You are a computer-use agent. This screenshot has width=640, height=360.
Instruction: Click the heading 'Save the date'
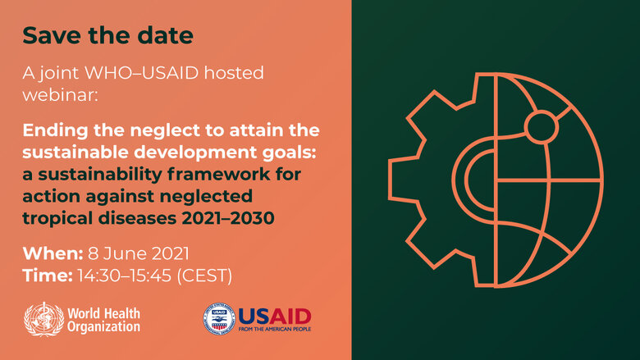point(107,35)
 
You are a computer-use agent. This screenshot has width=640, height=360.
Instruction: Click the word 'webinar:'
point(61,95)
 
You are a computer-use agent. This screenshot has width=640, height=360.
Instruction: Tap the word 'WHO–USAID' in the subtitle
point(141,73)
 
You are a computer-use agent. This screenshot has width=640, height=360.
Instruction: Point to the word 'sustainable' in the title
point(75,153)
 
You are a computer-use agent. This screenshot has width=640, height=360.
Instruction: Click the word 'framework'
point(218,175)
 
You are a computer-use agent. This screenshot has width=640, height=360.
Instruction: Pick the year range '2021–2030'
point(228,218)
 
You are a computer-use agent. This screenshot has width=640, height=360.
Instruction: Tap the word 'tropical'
point(57,219)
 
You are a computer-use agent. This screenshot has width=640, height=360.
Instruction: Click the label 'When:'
point(53,253)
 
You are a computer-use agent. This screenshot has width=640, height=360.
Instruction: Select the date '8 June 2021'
point(139,253)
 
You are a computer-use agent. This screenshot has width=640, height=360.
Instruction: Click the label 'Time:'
point(48,276)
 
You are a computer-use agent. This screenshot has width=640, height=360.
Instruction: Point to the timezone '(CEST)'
point(204,276)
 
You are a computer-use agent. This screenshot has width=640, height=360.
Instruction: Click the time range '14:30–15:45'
point(124,276)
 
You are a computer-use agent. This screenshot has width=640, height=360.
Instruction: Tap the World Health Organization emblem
point(43,319)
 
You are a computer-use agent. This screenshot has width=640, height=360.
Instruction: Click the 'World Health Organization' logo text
point(103,320)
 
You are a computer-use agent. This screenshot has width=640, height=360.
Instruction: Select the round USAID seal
point(219,319)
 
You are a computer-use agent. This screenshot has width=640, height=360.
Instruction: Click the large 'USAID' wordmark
point(275,316)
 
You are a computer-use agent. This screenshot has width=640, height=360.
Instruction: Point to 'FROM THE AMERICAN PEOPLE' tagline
point(275,329)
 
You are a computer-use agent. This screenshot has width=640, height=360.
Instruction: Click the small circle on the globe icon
point(542,126)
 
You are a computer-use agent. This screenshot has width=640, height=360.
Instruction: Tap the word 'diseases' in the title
point(138,218)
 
